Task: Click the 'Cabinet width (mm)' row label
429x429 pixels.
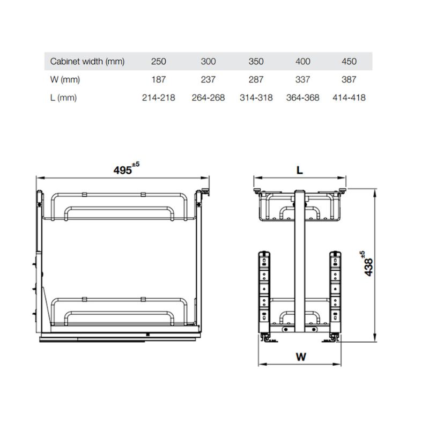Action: tap(87, 61)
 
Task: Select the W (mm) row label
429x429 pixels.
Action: tap(64, 79)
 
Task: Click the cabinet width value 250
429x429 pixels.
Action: tap(159, 61)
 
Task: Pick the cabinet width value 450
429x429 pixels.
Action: tap(349, 61)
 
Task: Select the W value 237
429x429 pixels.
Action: tap(208, 79)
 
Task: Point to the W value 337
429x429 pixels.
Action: tap(303, 79)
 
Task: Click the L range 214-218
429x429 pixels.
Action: tap(159, 98)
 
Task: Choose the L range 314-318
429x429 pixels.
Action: tap(256, 98)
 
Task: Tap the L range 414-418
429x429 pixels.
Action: tap(349, 98)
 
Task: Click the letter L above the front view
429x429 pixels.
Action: tap(300, 170)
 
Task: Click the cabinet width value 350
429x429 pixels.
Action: tap(256, 61)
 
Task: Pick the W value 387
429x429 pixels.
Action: tap(349, 79)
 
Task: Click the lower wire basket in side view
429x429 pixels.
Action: tap(118, 314)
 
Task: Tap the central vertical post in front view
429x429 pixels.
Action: tap(300, 263)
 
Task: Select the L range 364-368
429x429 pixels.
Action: tap(303, 98)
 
